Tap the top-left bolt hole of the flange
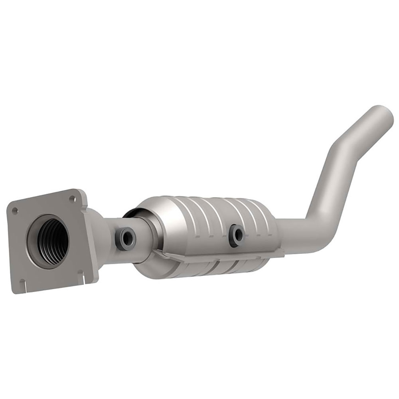[14, 209]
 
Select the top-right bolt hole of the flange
[72, 198]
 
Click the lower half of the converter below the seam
[207, 275]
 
